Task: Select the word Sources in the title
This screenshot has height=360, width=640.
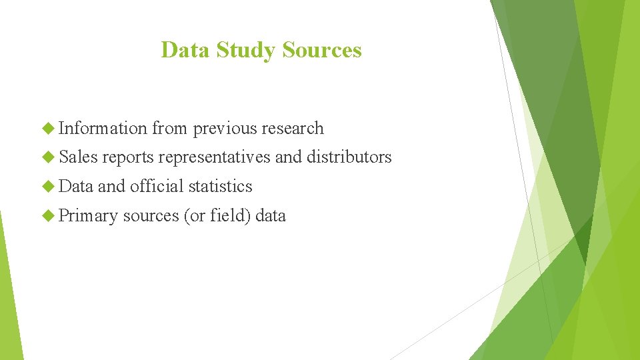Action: (322, 50)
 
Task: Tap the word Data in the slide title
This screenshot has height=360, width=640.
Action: (185, 50)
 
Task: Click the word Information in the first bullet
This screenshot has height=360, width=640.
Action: (103, 128)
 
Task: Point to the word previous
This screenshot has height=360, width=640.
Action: (225, 128)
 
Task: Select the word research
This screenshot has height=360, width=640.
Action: (293, 128)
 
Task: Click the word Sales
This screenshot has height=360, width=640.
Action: (78, 157)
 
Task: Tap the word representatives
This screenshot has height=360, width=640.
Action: (214, 157)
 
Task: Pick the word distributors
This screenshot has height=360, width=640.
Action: (349, 157)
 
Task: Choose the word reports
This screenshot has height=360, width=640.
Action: (127, 157)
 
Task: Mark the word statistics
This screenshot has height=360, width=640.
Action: (220, 186)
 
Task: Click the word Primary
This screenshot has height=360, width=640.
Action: (88, 216)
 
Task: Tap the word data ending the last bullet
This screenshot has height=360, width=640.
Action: (271, 215)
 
